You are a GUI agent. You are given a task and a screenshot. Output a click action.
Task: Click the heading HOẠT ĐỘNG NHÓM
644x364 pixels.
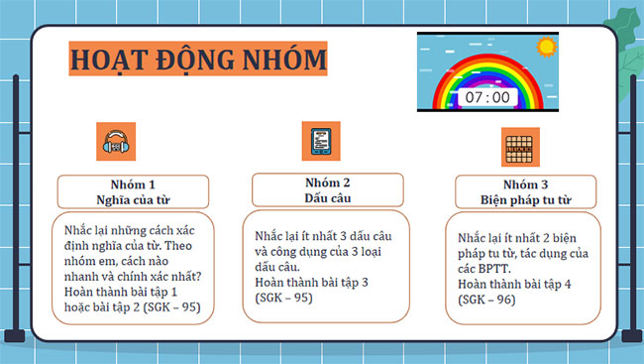(x=197, y=60)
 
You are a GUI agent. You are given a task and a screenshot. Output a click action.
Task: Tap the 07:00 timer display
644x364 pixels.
(x=486, y=97)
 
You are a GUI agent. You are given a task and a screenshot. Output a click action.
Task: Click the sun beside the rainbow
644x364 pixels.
(x=544, y=47)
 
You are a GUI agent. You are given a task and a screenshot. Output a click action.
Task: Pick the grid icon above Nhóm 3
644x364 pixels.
(x=517, y=147)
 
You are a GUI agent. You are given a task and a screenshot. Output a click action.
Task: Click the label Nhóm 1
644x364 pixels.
(x=132, y=184)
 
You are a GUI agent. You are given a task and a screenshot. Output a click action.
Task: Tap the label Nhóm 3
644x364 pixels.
(x=525, y=184)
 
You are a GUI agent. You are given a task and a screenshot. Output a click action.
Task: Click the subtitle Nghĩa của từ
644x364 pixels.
(x=132, y=199)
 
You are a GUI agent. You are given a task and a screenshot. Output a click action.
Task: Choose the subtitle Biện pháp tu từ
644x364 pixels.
(x=525, y=200)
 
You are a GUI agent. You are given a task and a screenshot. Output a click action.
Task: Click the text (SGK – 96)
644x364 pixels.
(x=486, y=301)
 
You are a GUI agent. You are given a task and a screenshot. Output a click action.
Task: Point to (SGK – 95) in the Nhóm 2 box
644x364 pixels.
(x=283, y=297)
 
